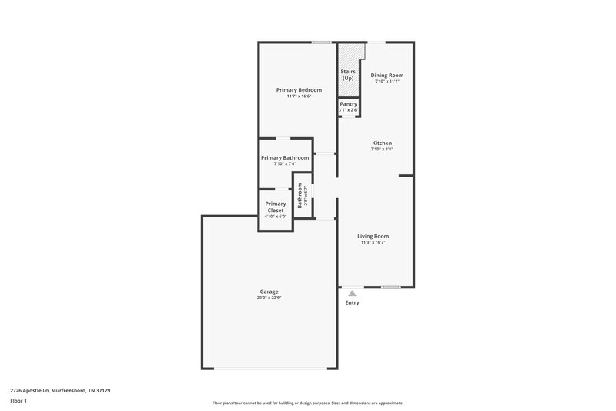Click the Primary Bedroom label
point(299,90)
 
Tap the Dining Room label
point(387,75)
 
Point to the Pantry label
point(349,103)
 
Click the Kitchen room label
point(383,143)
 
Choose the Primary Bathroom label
point(285,157)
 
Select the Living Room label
point(373,236)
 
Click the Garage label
point(269,291)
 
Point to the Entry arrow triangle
point(352,293)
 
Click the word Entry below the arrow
point(352,302)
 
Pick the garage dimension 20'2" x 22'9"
point(269,298)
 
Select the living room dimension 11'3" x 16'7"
point(373,242)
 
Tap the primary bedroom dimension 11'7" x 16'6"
point(299,96)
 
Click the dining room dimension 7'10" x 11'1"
point(387,81)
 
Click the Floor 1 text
point(18,402)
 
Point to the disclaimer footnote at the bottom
point(307,403)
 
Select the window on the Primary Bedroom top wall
point(322,42)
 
